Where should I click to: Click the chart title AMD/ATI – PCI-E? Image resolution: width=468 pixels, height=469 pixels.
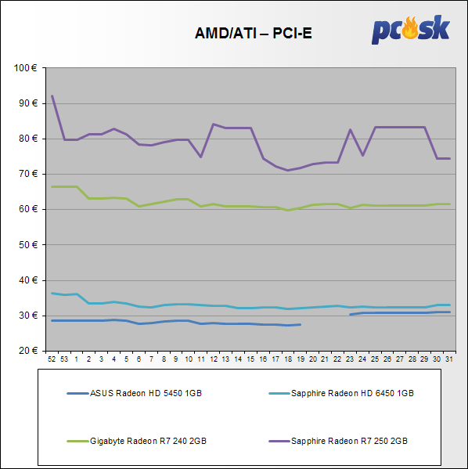coord(254,33)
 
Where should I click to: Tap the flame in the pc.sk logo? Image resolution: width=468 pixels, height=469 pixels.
coord(410,28)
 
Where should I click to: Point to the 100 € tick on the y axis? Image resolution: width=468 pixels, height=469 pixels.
coord(25,68)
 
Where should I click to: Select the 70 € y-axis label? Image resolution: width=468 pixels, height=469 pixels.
coord(28,174)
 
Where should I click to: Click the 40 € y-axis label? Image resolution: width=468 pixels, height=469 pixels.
coord(28,280)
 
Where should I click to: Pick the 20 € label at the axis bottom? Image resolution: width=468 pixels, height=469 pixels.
coord(28,351)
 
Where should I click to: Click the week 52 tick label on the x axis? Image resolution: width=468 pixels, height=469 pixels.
coord(52,359)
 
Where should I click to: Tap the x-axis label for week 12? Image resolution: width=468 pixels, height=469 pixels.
coord(214,359)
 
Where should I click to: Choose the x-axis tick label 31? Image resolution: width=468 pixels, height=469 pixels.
coord(449,359)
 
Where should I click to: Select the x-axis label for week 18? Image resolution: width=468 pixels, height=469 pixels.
coord(288,359)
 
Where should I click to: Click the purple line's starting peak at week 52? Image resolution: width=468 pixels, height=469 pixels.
coord(52,96)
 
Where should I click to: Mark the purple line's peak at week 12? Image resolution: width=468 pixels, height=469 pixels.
coord(213,124)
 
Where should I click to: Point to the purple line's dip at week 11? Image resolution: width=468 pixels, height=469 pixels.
coord(200,157)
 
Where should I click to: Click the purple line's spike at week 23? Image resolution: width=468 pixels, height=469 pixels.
coord(350,129)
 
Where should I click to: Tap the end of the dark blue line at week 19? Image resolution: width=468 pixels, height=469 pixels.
coord(301,324)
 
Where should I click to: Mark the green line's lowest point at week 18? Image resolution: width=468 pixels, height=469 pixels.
coord(288,211)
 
